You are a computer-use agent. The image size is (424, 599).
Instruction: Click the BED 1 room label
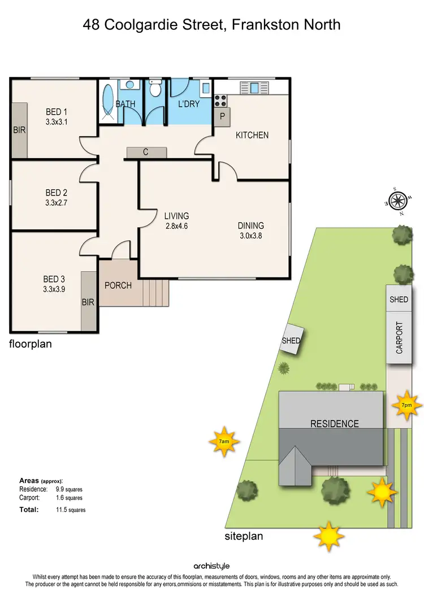pos(57,112)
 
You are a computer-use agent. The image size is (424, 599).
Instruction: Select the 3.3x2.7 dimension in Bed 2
pos(57,202)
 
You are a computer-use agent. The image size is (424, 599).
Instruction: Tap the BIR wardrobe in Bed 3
pos(88,301)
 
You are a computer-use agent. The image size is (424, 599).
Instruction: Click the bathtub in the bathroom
pos(108,101)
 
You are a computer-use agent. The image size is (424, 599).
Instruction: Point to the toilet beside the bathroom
pos(155,89)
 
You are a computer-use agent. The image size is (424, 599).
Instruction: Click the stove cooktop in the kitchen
pos(220,101)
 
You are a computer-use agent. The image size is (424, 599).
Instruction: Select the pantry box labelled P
pos(222,116)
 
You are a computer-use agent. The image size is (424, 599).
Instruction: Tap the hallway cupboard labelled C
pos(146,152)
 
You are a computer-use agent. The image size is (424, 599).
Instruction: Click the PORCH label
pos(118,285)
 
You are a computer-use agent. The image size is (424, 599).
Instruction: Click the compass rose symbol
pos(397,199)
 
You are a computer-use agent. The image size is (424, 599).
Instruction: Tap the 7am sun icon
pos(224,440)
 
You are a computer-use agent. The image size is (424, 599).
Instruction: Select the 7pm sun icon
pos(406,405)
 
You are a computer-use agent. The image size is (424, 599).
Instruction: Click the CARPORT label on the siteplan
pos(399,337)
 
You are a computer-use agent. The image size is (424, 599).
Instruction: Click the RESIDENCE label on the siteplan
pos(335,423)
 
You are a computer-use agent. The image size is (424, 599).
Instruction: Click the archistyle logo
pos(212,566)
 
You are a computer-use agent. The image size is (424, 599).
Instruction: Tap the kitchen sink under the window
pos(254,88)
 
